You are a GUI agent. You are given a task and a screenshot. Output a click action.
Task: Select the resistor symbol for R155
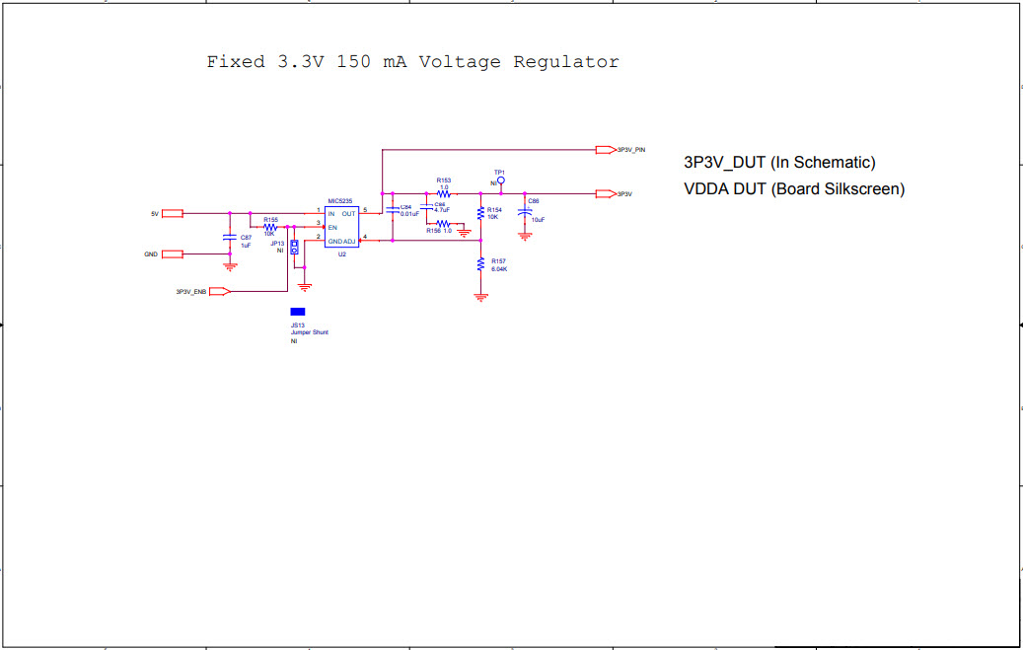tap(269, 226)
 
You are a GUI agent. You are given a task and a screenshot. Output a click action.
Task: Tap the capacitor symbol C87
tap(230, 238)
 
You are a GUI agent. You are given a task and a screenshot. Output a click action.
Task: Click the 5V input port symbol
tap(173, 213)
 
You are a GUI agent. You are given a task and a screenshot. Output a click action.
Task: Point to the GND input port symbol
tap(173, 254)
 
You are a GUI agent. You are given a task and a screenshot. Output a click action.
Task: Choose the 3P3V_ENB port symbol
tap(220, 291)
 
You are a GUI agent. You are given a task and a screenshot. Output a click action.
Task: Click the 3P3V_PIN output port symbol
tap(605, 150)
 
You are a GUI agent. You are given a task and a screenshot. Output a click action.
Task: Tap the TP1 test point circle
tap(500, 181)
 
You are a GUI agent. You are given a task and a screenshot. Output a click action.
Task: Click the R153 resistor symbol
tap(444, 193)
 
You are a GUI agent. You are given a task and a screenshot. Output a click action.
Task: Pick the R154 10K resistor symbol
tap(480, 213)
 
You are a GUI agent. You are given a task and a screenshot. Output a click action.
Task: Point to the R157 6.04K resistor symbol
tap(480, 263)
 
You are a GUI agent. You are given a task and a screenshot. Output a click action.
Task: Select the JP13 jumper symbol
tap(293, 248)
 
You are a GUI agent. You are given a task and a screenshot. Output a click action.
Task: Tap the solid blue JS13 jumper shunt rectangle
tap(297, 312)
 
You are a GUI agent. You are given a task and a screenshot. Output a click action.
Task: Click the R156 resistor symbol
tap(443, 225)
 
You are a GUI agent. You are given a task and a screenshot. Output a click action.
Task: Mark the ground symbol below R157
tap(480, 296)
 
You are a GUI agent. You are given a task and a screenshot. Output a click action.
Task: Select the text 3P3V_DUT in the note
tap(724, 163)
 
